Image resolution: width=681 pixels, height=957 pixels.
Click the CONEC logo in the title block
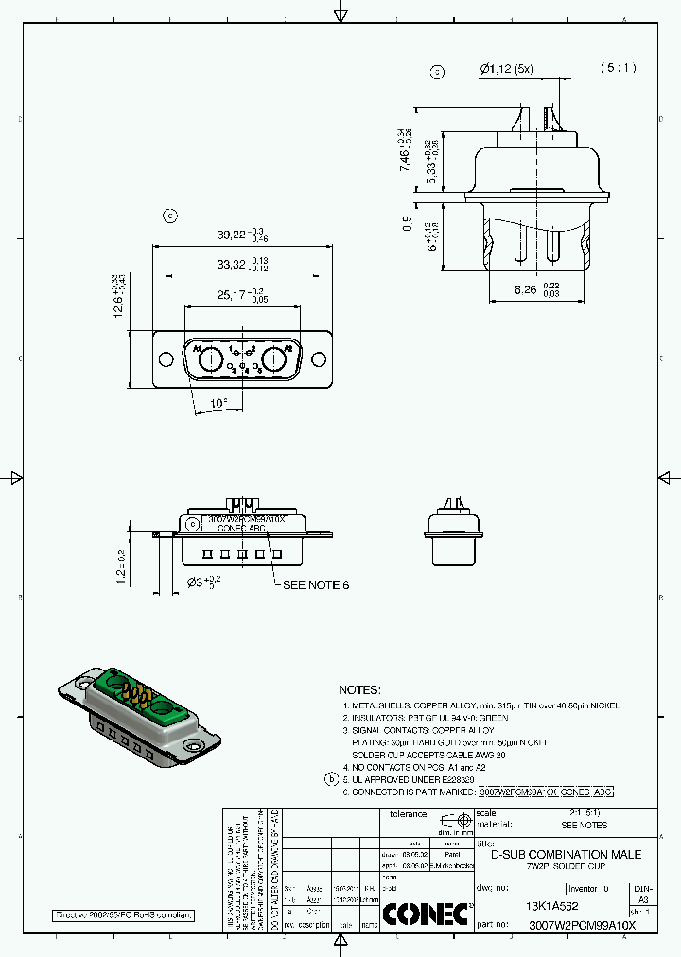point(425,913)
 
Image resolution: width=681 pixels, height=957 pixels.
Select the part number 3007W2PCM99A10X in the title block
point(582,925)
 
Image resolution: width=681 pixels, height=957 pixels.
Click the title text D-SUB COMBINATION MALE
point(565,854)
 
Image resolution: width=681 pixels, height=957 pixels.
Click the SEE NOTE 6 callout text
point(316,584)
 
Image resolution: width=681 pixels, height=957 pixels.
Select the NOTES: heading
point(359,690)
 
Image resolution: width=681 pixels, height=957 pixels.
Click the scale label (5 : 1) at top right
point(619,68)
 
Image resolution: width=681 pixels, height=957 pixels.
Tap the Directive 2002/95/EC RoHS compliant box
point(123,915)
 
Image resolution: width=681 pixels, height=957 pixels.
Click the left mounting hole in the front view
point(166,359)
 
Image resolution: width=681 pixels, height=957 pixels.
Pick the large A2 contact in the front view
point(275,359)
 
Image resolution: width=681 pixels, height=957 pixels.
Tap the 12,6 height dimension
point(120,298)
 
